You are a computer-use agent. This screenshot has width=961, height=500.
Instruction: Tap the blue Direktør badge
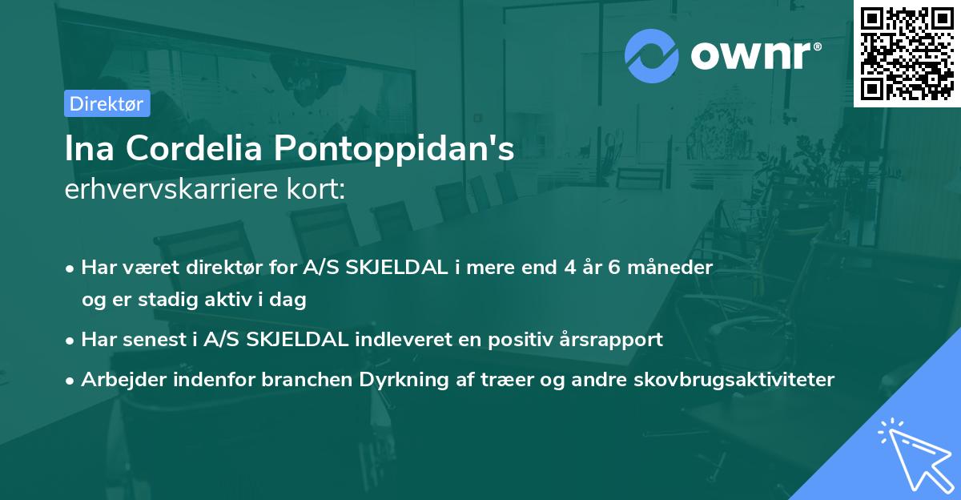107,103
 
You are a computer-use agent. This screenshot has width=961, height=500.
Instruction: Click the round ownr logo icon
651,55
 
